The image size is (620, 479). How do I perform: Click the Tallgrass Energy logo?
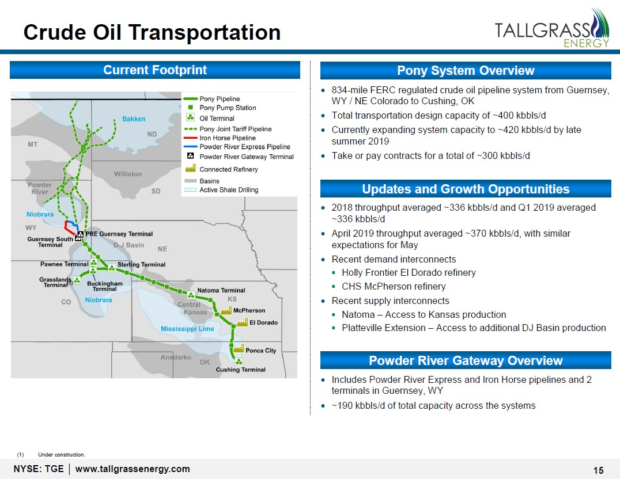click(552, 28)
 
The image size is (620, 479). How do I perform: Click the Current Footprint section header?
click(155, 70)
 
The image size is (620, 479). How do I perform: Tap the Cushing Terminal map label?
click(240, 370)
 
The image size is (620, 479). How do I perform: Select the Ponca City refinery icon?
click(239, 348)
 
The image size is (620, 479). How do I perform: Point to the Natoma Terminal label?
click(221, 290)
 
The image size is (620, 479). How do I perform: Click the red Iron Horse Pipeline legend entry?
click(228, 138)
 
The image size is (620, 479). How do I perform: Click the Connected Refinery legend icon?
click(191, 168)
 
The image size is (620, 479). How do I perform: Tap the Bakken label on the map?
click(134, 119)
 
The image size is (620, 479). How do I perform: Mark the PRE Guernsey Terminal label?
click(119, 234)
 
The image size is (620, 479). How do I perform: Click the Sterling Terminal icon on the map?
click(112, 268)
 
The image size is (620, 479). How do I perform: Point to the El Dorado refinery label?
click(263, 322)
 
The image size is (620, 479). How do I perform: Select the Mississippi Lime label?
click(187, 328)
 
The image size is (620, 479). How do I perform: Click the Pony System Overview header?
click(466, 70)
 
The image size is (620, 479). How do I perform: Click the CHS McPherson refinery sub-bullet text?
click(394, 286)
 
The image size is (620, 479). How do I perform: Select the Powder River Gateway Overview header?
click(466, 360)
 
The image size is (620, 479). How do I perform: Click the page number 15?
click(598, 470)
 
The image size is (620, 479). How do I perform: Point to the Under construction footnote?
click(61, 454)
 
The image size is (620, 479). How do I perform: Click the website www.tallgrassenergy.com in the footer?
click(133, 469)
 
